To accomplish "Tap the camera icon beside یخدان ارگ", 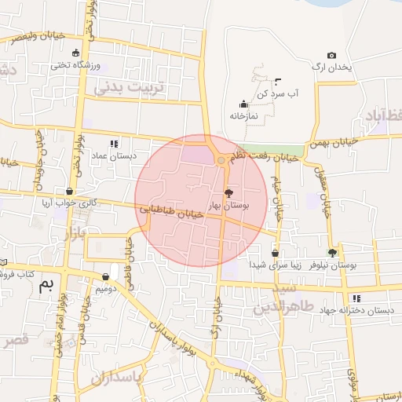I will click(331, 56).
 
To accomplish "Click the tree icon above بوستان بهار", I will click(228, 192).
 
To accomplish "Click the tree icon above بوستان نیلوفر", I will click(332, 253).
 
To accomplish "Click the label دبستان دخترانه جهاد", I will click(362, 310).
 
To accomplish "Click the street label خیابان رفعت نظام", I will click(262, 156).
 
